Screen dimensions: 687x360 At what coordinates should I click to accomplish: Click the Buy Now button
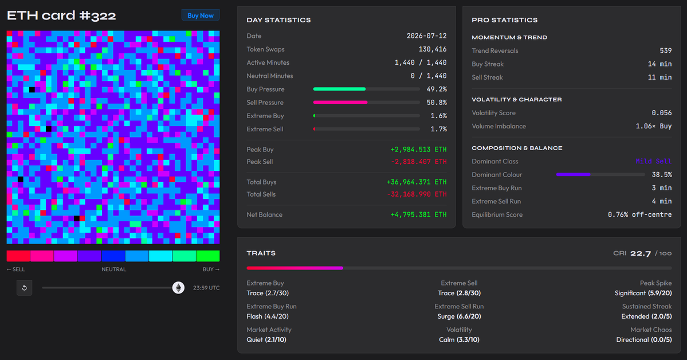[x=200, y=15]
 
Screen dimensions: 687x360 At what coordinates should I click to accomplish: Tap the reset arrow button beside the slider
[x=25, y=288]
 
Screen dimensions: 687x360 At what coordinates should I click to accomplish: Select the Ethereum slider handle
[x=178, y=288]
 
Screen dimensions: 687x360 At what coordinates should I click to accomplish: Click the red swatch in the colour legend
[x=18, y=256]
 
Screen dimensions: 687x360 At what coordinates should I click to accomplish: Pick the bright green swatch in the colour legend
[x=208, y=256]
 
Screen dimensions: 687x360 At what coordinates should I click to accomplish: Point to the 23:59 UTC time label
[x=206, y=288]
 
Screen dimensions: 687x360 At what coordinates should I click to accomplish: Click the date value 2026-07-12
[x=427, y=36]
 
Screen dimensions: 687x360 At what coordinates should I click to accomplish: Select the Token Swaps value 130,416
[x=433, y=49]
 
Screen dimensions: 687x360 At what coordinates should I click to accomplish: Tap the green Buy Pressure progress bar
[x=340, y=89]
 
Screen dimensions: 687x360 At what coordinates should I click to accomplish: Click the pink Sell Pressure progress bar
[x=340, y=102]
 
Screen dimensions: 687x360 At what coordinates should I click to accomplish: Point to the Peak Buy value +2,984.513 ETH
[x=419, y=150]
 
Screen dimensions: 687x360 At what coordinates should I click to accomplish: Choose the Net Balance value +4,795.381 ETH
[x=419, y=214]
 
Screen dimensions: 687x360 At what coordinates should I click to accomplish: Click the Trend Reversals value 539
[x=666, y=50]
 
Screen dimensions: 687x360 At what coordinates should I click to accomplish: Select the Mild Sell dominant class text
[x=654, y=161]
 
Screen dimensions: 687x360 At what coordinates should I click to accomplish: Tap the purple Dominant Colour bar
[x=573, y=174]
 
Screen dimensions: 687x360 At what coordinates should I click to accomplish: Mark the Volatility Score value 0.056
[x=662, y=113]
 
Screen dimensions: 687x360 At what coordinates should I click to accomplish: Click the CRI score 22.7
[x=641, y=253]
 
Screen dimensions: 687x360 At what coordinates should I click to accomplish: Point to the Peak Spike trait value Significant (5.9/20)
[x=643, y=293]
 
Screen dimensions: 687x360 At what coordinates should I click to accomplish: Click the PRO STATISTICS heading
[x=505, y=20]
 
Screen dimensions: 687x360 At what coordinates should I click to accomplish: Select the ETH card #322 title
[x=61, y=16]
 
